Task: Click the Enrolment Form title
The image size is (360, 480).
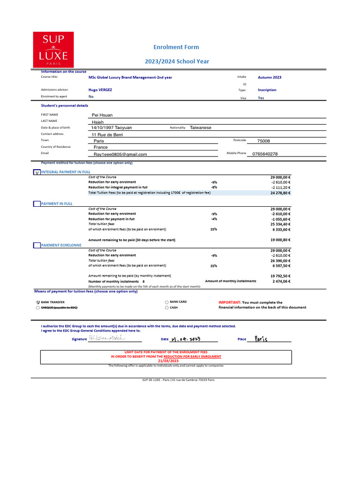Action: [x=176, y=47]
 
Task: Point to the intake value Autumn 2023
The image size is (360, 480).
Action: [x=270, y=77]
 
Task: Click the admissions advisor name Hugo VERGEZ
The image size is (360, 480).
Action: [x=100, y=90]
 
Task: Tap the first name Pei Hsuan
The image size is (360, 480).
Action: [x=102, y=115]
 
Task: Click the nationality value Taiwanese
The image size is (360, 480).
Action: [x=201, y=127]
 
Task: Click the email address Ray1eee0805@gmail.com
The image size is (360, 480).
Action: [x=120, y=154]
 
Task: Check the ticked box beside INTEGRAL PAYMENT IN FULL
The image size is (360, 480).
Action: [x=37, y=172]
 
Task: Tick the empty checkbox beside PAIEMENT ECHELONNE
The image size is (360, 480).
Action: [x=37, y=245]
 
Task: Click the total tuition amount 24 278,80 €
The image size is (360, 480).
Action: [x=280, y=193]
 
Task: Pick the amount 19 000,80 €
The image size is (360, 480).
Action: [x=280, y=240]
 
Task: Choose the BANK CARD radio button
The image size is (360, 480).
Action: [x=167, y=302]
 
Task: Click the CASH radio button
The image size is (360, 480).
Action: [x=167, y=308]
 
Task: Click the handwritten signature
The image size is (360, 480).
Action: [x=107, y=338]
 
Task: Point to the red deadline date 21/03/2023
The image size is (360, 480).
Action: [x=168, y=361]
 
